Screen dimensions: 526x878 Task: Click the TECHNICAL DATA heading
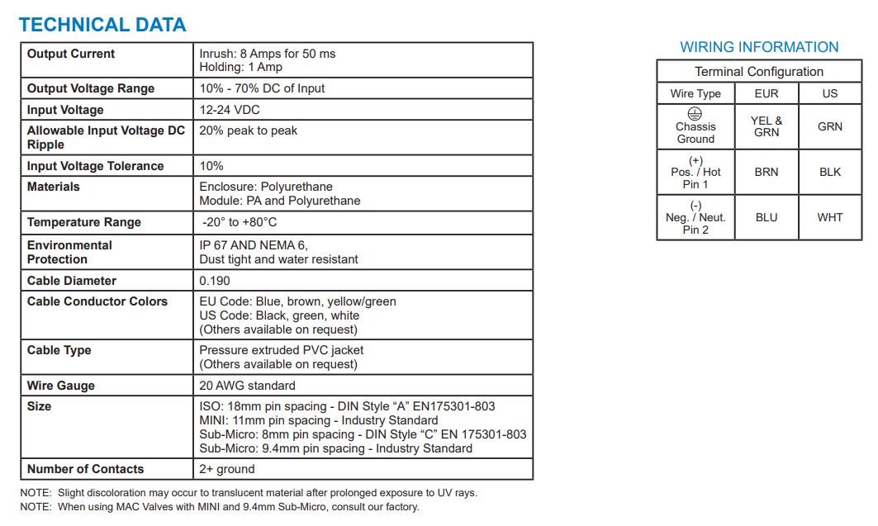pyautogui.click(x=102, y=25)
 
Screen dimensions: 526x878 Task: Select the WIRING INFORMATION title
pyautogui.click(x=759, y=47)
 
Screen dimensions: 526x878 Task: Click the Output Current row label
pyautogui.click(x=71, y=54)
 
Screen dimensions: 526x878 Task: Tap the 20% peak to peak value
pyautogui.click(x=248, y=130)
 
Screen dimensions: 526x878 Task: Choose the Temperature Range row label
pyautogui.click(x=84, y=222)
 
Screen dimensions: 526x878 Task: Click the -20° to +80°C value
pyautogui.click(x=240, y=222)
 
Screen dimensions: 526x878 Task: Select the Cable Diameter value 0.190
pyautogui.click(x=215, y=281)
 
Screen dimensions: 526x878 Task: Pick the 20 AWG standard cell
pyautogui.click(x=247, y=386)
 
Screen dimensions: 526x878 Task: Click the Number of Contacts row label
pyautogui.click(x=85, y=469)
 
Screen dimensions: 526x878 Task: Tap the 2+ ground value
pyautogui.click(x=227, y=469)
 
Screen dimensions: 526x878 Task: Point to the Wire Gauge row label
pyautogui.click(x=61, y=386)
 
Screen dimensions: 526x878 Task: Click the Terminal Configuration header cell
pyautogui.click(x=759, y=72)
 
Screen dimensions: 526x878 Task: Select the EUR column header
pyautogui.click(x=766, y=93)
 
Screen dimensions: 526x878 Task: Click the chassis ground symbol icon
pyautogui.click(x=695, y=115)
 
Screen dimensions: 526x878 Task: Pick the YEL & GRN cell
pyautogui.click(x=766, y=126)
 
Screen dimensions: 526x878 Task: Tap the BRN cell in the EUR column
pyautogui.click(x=766, y=172)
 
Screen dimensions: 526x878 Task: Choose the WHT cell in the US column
pyautogui.click(x=830, y=217)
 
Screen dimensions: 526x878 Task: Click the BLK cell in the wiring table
pyautogui.click(x=830, y=172)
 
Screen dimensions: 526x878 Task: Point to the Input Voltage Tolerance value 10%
pyautogui.click(x=211, y=166)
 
